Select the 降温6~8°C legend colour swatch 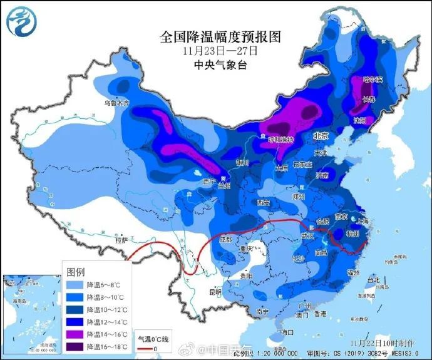(x=76, y=284)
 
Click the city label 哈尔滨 (x=373, y=80)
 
